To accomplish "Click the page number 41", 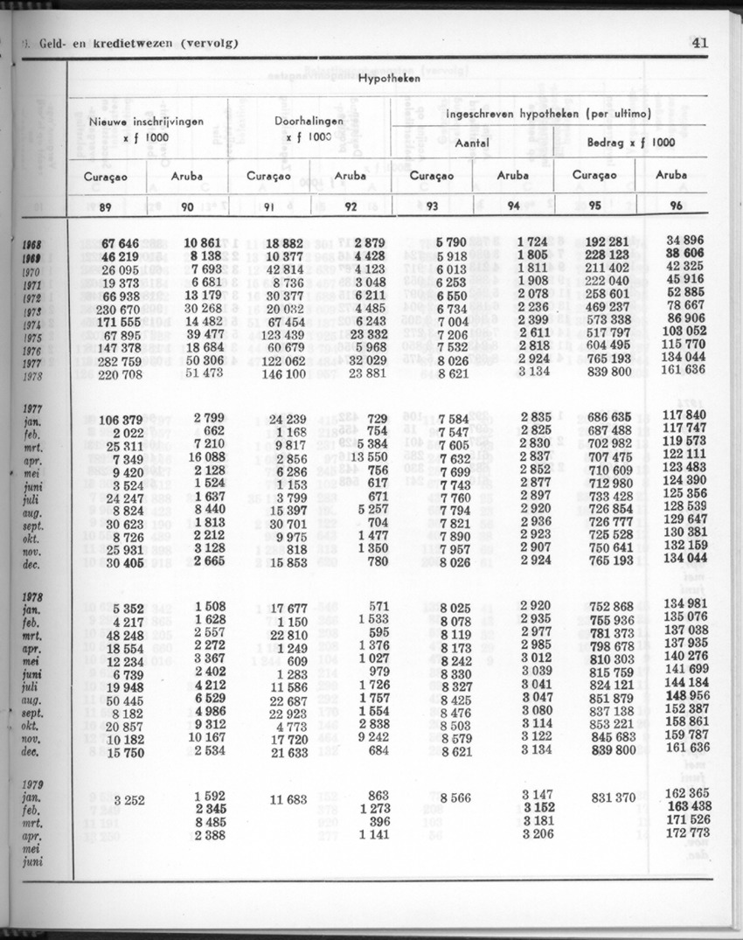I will tap(698, 44).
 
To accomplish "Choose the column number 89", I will tap(105, 207).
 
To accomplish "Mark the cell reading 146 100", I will tap(282, 373).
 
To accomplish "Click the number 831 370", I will tap(612, 797).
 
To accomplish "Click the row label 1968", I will tap(32, 245).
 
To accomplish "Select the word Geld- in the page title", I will tap(56, 44).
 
